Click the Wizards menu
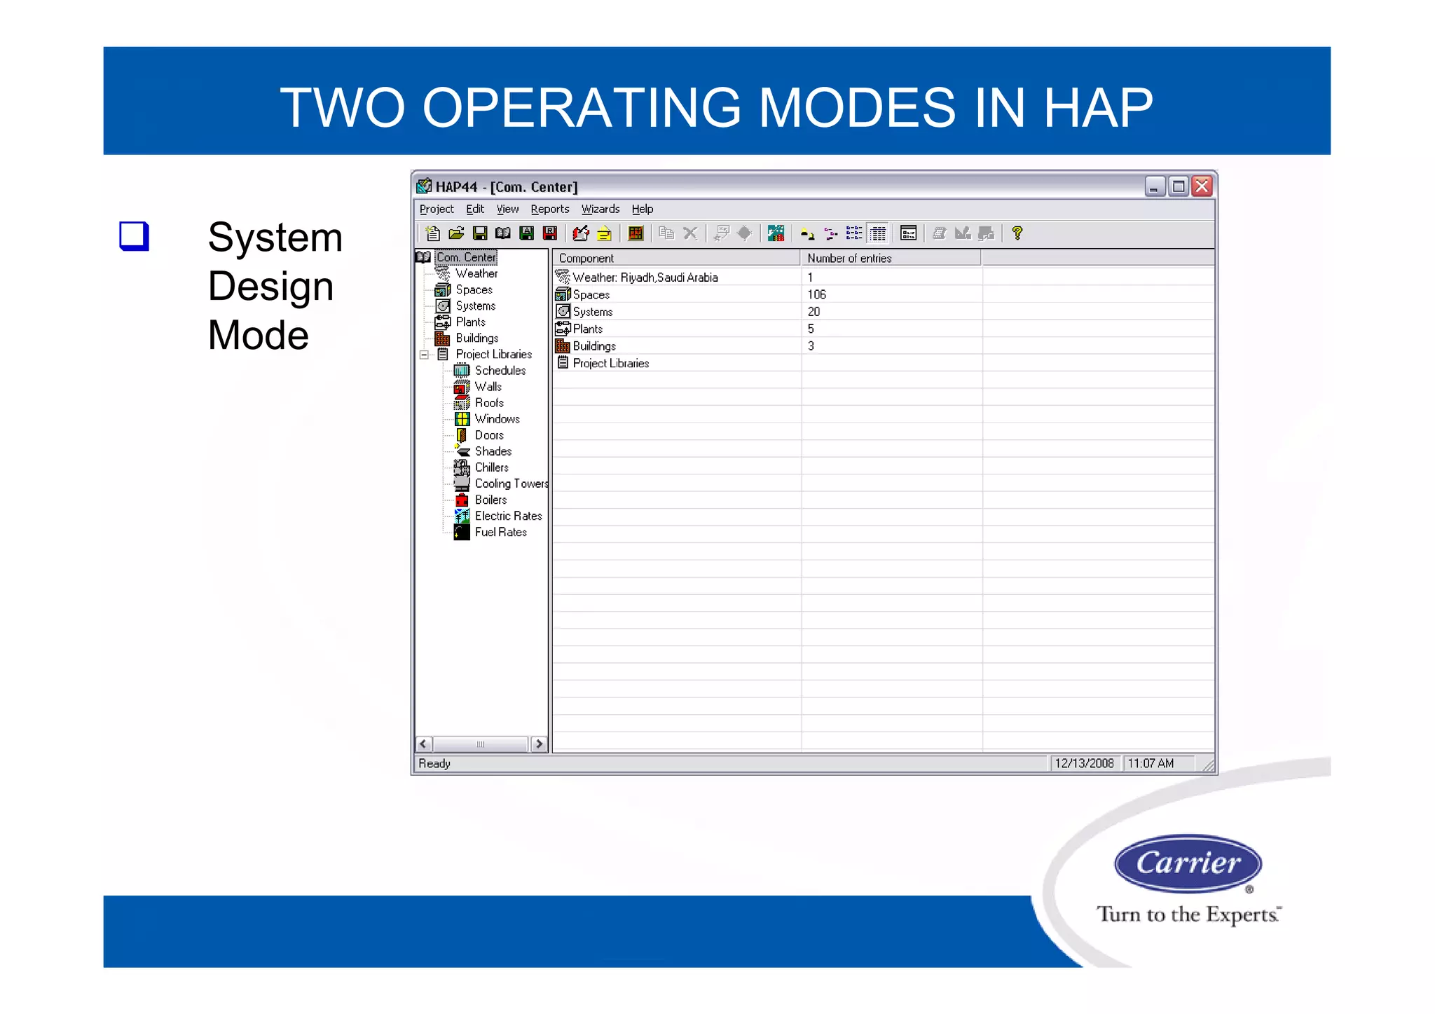(600, 209)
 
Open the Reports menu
(549, 209)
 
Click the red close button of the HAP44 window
(1202, 186)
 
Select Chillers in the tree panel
(491, 467)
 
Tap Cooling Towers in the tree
(511, 484)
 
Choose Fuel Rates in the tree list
(500, 532)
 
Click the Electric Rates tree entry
(508, 516)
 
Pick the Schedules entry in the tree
(500, 370)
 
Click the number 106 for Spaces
(816, 294)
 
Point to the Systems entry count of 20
(813, 312)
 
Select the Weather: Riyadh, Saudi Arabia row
(645, 278)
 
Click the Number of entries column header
(849, 259)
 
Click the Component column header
(586, 259)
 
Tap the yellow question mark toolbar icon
(1017, 233)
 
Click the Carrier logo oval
(1188, 863)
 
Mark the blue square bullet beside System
(134, 235)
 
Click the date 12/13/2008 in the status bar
(1084, 763)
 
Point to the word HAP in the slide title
(1098, 108)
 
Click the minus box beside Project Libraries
(424, 355)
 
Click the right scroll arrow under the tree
(539, 744)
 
